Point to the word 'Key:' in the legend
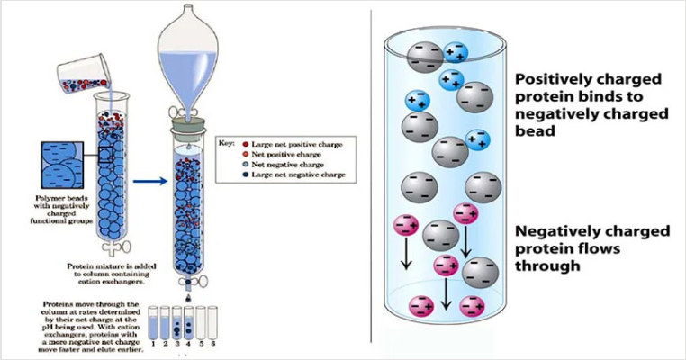click(229, 142)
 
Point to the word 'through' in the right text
click(546, 265)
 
